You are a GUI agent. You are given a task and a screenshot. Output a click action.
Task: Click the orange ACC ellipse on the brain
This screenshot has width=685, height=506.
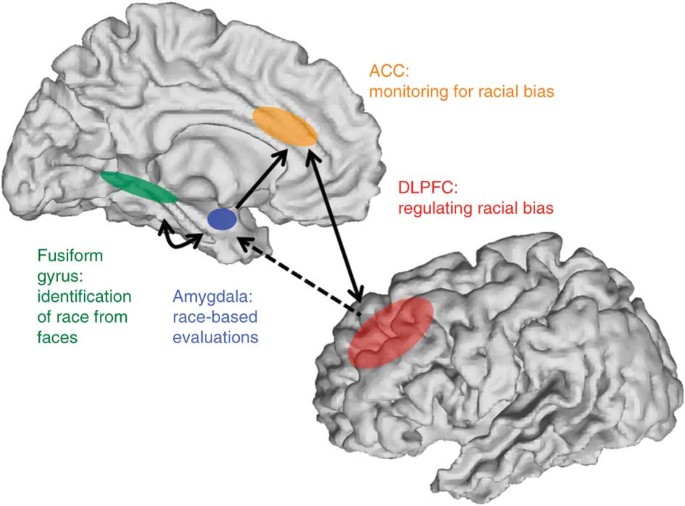[x=286, y=126]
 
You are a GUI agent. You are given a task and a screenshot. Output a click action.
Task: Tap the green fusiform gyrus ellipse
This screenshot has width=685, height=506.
[x=138, y=187]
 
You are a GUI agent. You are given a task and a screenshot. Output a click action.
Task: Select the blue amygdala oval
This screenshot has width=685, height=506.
[x=221, y=219]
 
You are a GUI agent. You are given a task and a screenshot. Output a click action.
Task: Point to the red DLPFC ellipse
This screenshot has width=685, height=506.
[x=391, y=334]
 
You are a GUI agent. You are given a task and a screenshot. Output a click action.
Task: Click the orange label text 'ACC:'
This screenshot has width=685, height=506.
[x=386, y=72]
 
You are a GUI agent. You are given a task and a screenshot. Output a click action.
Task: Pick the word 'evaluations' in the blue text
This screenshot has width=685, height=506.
[x=216, y=336]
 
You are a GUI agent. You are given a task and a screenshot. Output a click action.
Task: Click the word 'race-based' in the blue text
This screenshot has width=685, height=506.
[x=211, y=317]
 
